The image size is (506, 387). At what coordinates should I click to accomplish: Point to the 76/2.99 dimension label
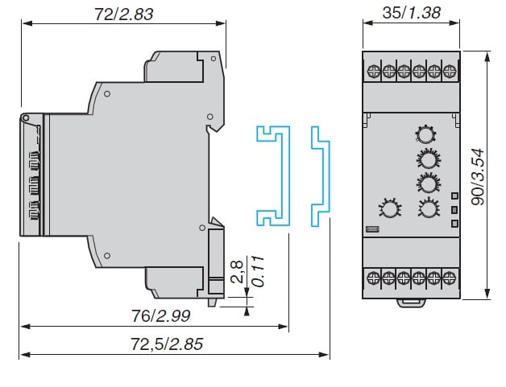152,315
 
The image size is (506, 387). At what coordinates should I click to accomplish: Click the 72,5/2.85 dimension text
167,344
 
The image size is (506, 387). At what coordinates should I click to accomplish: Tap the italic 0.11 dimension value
257,273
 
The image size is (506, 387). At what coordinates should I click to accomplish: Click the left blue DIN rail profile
272,174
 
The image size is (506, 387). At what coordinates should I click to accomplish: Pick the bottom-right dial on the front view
427,209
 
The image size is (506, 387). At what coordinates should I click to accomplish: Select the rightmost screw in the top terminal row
448,70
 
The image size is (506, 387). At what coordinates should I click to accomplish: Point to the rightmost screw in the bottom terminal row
448,278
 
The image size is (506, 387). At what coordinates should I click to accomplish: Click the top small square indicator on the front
454,196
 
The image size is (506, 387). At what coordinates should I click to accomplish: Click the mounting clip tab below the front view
412,303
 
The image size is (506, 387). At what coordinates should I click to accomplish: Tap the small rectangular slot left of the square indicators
371,229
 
